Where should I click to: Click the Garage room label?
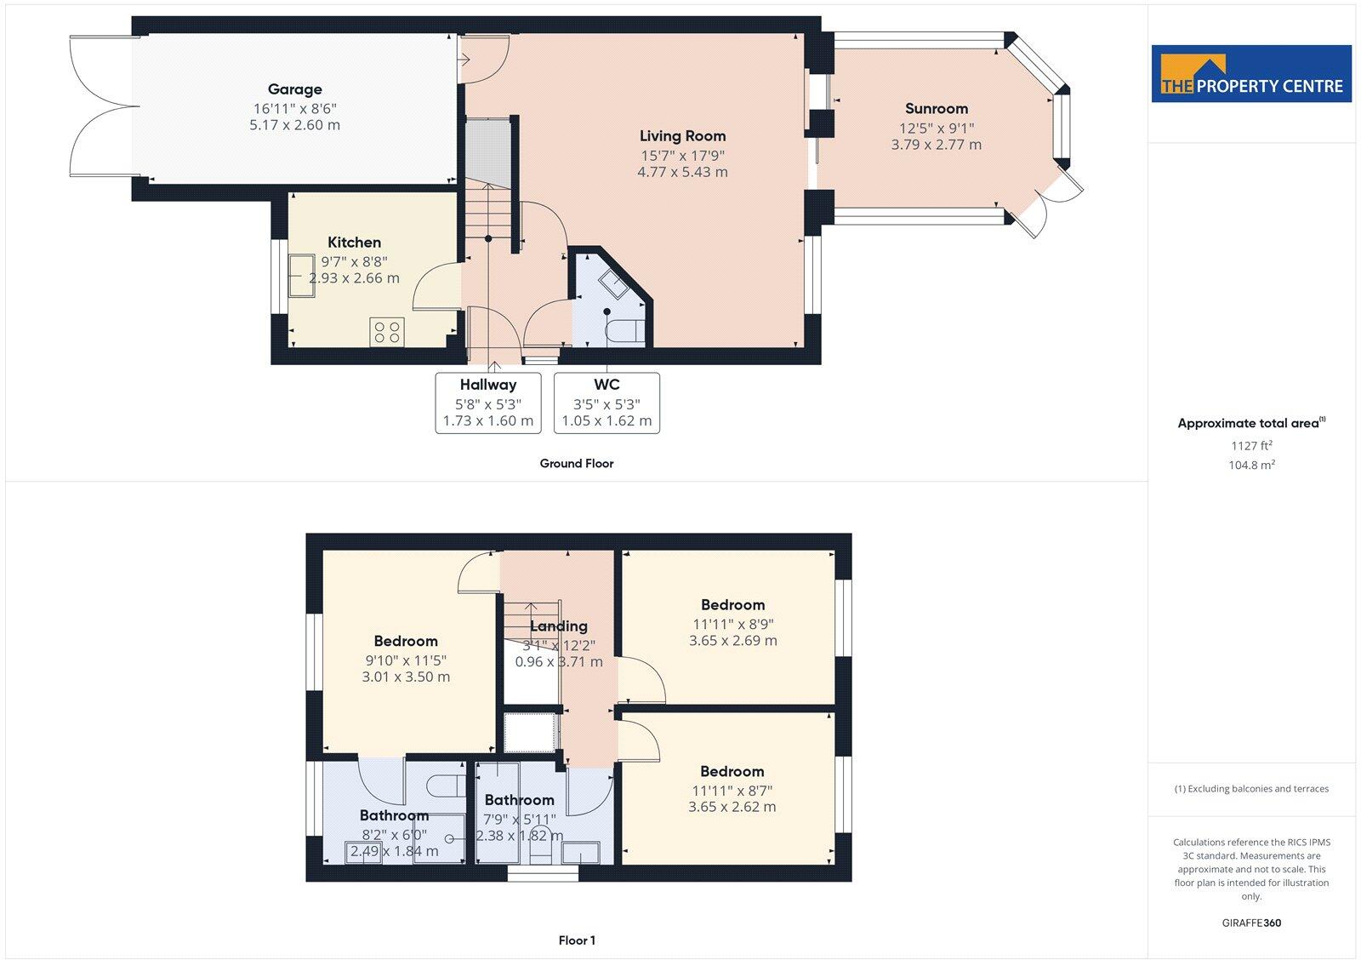point(294,89)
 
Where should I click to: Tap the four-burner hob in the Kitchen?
point(387,331)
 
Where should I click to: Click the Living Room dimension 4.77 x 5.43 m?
point(682,172)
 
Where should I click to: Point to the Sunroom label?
point(936,109)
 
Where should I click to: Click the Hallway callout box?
point(488,403)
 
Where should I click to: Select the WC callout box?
point(606,403)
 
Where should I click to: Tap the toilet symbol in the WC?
point(624,331)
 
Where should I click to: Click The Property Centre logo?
point(1251,74)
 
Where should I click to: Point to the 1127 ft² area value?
point(1251,445)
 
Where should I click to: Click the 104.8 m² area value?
point(1251,465)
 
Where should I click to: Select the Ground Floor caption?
point(576,464)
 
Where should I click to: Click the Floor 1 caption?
point(577,940)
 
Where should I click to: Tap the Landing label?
point(559,626)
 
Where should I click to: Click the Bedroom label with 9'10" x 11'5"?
point(406,642)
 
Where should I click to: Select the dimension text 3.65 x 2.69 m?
point(732,641)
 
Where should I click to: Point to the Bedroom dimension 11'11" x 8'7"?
point(732,791)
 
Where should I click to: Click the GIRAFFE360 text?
point(1250,923)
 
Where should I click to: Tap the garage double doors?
point(105,106)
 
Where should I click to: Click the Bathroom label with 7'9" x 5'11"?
point(519,800)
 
